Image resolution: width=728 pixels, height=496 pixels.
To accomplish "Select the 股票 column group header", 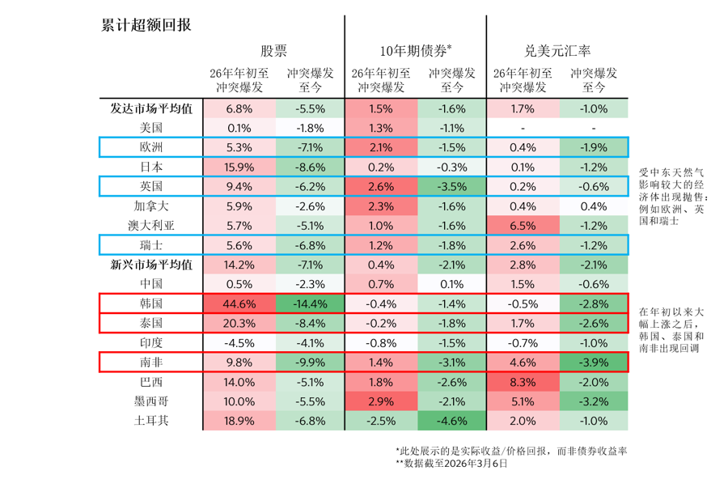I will coord(273,51).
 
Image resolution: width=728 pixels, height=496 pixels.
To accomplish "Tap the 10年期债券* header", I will coord(416,51).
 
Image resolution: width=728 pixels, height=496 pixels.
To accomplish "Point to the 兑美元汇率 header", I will coord(557,51).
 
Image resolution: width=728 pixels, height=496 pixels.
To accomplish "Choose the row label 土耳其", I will coord(151,420).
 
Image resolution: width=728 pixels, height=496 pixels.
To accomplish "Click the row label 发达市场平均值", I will coord(151,108).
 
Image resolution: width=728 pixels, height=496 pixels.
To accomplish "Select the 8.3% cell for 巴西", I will coord(523,381).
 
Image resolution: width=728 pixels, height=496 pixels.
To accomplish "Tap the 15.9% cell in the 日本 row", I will coord(239,167).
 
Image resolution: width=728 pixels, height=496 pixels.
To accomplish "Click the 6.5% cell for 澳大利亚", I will coord(523,225).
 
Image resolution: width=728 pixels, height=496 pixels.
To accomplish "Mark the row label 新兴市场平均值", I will coord(151,264).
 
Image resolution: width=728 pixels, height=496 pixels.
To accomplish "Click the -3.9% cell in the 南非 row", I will coord(594,362).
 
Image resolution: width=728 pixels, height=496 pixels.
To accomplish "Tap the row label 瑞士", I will coord(151,244).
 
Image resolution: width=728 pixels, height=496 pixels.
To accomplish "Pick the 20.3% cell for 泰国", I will coord(239,323).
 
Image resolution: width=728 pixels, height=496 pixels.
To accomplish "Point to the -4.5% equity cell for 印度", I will coord(239,342).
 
